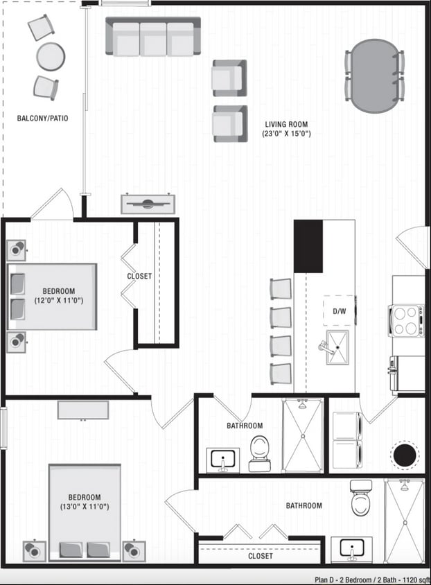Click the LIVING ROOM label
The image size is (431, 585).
pos(286,125)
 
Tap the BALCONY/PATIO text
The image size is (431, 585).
pos(42,119)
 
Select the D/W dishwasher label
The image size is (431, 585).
pos(340,311)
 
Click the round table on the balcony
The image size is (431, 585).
pos(51,56)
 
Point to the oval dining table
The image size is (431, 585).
pos(374,76)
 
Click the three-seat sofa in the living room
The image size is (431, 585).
pos(153,37)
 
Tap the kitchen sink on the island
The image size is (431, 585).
pos(337,346)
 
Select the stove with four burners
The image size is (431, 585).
pos(407,320)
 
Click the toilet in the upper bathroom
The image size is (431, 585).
pos(260,453)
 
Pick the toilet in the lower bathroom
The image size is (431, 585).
pos(360,498)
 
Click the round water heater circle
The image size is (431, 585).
pos(405,455)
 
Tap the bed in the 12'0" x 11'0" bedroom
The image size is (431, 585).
pos(52,296)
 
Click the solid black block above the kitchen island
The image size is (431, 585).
pos(308,246)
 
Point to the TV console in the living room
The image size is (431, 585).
pos(148,204)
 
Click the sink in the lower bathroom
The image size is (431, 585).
pos(351,548)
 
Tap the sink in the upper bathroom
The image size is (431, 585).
pos(223,460)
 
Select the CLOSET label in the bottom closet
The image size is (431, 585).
pos(261,556)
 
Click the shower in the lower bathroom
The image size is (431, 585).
pos(404,518)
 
